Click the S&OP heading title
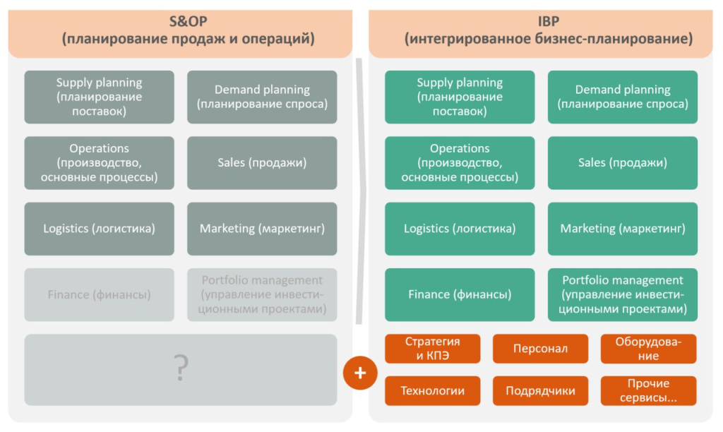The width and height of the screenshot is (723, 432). (187, 30)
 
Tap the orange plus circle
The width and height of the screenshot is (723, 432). (360, 372)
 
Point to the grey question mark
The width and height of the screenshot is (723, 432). (181, 369)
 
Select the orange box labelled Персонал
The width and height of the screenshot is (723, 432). (540, 349)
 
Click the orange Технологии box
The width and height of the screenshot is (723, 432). (433, 391)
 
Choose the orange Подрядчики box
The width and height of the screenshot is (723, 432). (540, 391)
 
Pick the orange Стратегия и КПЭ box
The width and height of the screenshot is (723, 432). (433, 349)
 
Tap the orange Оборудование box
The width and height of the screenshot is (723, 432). (647, 349)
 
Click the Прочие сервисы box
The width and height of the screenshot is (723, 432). (647, 391)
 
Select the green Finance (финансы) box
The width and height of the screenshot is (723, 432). (460, 294)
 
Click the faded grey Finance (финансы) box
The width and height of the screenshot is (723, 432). (99, 294)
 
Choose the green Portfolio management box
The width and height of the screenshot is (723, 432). (623, 294)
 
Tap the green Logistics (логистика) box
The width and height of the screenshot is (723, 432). (460, 229)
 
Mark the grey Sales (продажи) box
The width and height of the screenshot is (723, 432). (262, 162)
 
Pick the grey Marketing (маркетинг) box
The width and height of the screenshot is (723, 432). (262, 229)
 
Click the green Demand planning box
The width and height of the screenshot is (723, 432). (623, 97)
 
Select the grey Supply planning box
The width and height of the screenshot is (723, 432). (99, 97)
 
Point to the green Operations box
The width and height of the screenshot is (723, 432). (460, 162)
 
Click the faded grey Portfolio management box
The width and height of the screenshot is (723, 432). (262, 294)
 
